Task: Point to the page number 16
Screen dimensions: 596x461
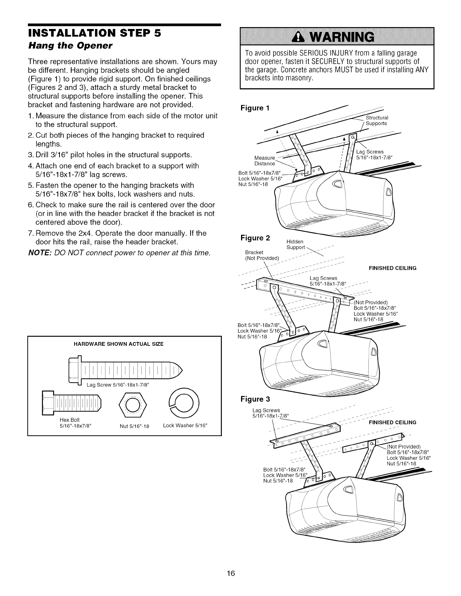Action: point(231,574)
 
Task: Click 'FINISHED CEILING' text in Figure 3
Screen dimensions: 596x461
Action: point(392,422)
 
